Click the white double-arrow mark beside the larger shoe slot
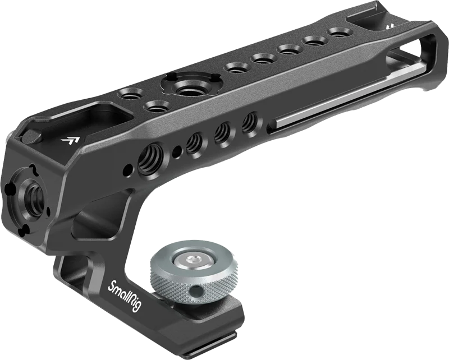(x=71, y=140)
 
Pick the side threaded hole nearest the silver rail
(x=250, y=123)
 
